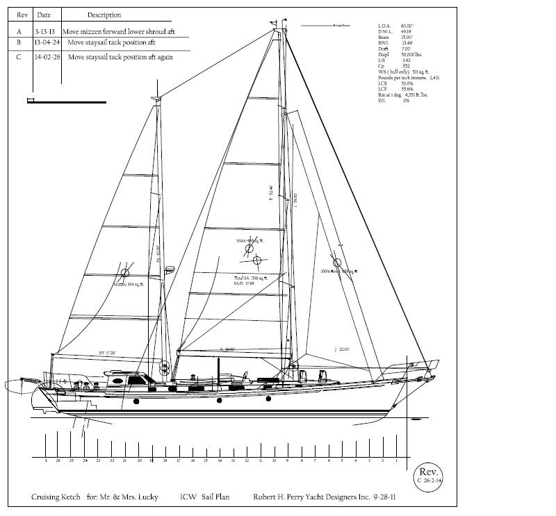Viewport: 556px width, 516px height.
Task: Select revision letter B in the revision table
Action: [x=19, y=42]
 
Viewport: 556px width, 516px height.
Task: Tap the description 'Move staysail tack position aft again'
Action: [x=121, y=57]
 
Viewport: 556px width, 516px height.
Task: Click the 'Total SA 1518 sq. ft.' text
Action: [x=250, y=276]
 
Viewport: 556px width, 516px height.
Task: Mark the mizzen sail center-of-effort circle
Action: [x=125, y=273]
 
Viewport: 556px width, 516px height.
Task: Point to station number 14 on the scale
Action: [x=219, y=460]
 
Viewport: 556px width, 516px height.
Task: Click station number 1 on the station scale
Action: [x=396, y=460]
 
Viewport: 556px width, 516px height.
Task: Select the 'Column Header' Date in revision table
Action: [x=45, y=15]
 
